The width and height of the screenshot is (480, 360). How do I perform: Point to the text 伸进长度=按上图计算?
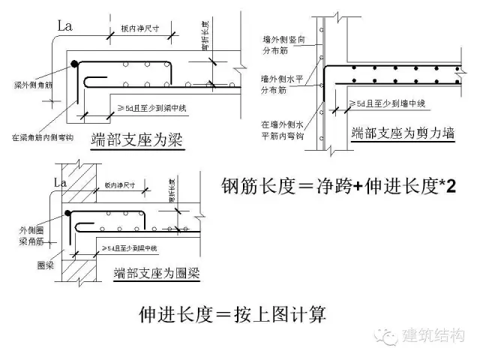[232, 313]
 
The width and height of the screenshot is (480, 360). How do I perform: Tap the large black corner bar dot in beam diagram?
[73, 65]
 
